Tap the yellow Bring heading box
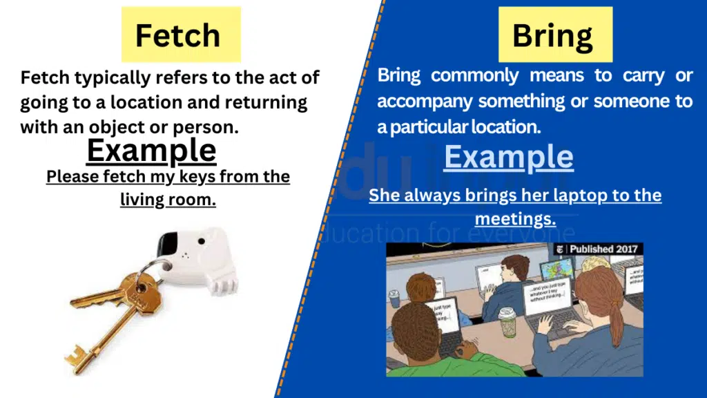pos(556,35)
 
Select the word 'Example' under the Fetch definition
pos(151,150)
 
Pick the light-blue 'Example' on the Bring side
pos(508,157)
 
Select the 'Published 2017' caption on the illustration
pos(599,249)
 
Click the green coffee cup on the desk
pos(507,321)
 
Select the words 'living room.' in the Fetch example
pos(168,200)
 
